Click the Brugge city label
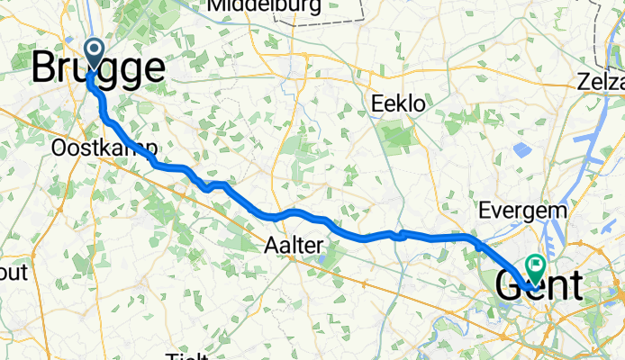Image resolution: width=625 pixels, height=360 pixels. click(99, 68)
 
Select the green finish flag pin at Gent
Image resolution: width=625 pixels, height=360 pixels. click(536, 266)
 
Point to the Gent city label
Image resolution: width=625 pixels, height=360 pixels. click(539, 285)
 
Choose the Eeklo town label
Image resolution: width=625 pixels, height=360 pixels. click(397, 104)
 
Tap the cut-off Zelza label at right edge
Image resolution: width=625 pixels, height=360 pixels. click(602, 85)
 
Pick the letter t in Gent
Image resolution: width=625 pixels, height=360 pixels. click(575, 285)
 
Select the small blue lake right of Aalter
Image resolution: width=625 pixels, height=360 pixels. click(323, 258)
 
